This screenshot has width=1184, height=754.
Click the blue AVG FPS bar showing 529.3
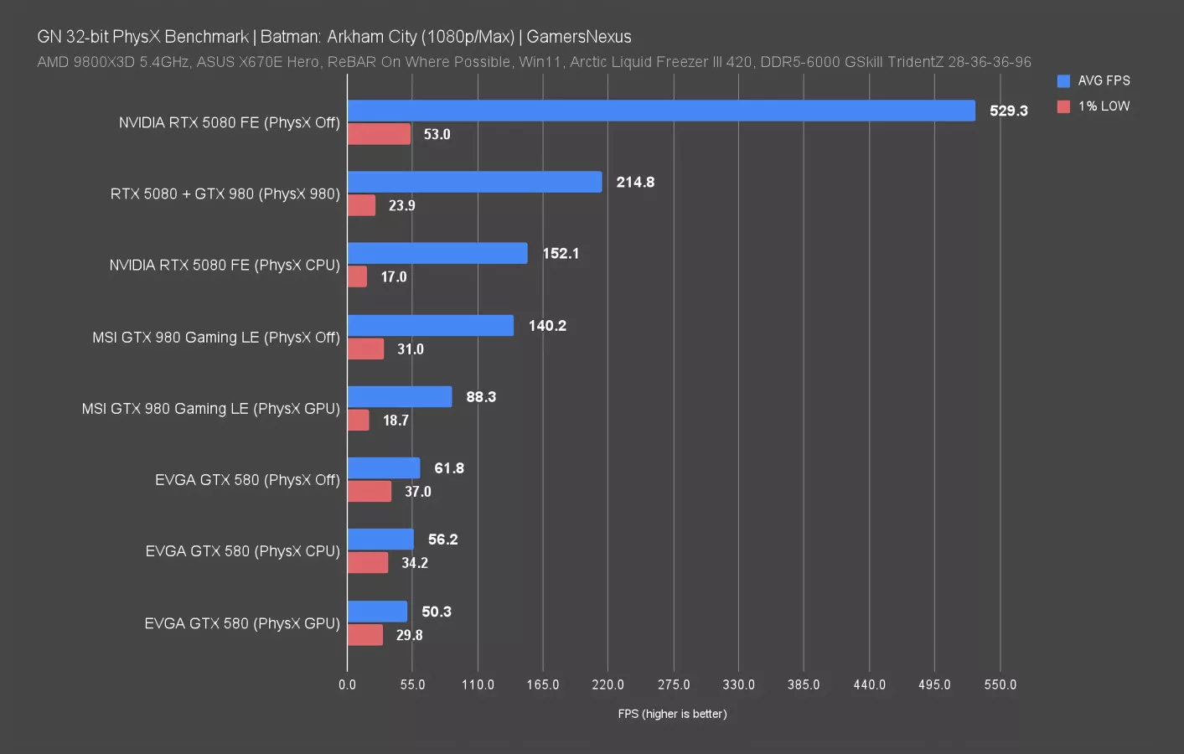[x=661, y=111]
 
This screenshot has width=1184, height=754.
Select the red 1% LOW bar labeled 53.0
[x=379, y=134]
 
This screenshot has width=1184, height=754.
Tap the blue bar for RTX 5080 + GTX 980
[x=474, y=182]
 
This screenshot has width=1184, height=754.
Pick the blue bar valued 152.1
[x=437, y=253]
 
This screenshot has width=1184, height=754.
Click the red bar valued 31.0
[x=365, y=349]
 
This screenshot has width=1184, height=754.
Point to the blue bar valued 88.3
[x=400, y=396]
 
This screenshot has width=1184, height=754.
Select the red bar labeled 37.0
[x=370, y=491]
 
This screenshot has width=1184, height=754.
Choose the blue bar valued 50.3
[x=377, y=612]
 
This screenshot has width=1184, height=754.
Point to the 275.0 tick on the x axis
[x=674, y=684]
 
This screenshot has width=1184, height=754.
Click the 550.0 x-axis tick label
[x=1000, y=684]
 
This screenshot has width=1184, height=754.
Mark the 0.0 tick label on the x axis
[x=347, y=684]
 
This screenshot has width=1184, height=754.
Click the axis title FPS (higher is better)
[x=672, y=714]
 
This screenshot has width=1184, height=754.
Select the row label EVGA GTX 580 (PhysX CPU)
[x=242, y=551]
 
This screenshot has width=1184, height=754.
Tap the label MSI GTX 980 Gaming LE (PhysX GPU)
[x=210, y=409]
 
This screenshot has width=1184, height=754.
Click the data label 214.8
[x=635, y=182]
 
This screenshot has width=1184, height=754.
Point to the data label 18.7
[x=396, y=420]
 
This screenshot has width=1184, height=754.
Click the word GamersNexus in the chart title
[x=578, y=37]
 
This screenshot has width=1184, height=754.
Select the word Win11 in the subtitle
[x=540, y=62]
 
